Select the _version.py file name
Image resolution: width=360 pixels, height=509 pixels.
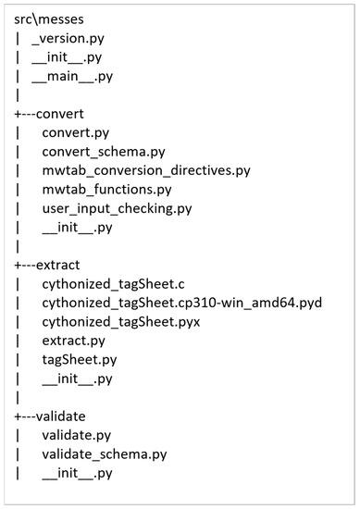click(x=68, y=39)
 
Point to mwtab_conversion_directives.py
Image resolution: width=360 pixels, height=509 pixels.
click(x=145, y=170)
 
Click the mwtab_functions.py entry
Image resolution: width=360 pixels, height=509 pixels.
click(x=107, y=189)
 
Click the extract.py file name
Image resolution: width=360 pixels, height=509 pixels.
click(x=73, y=341)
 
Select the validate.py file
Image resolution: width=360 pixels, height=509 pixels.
click(x=77, y=435)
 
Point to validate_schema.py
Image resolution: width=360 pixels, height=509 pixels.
click(x=105, y=453)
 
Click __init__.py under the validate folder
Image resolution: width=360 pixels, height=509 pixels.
click(x=78, y=473)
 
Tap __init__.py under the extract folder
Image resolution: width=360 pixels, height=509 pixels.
click(x=78, y=379)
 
